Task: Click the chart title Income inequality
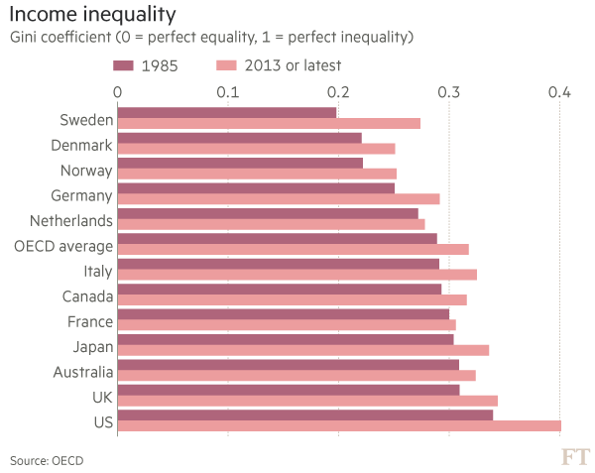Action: click(x=93, y=15)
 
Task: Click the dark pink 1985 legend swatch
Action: click(x=124, y=65)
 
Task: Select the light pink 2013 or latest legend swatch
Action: click(x=226, y=65)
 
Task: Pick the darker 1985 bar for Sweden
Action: click(x=227, y=112)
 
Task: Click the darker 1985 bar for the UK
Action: click(x=289, y=389)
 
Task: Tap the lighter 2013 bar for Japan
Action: click(x=303, y=350)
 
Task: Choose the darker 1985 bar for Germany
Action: click(x=256, y=187)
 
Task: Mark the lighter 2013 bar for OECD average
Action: click(x=294, y=249)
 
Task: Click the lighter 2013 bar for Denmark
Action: click(x=257, y=149)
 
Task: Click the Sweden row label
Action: click(x=85, y=119)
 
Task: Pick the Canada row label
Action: click(x=87, y=296)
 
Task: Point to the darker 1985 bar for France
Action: click(x=284, y=313)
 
